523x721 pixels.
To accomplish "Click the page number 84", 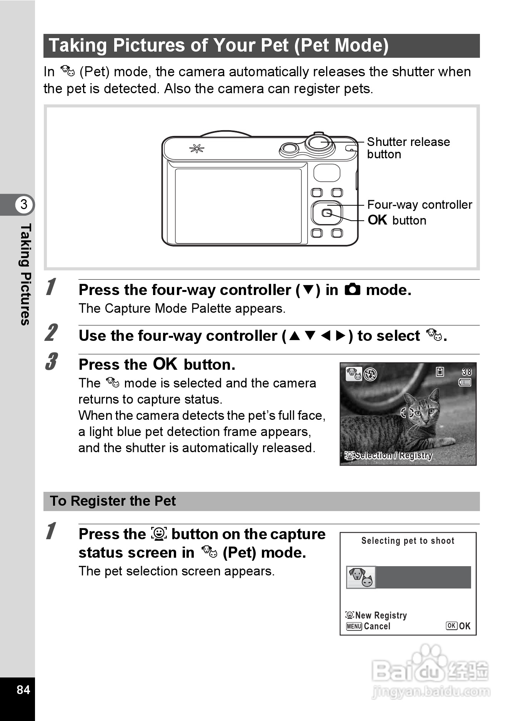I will pos(23,690).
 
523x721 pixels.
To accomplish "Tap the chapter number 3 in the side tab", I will pos(24,204).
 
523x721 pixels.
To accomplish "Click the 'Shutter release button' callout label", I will pos(408,148).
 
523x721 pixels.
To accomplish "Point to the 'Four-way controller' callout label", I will pos(419,205).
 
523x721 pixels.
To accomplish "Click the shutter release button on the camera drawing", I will pos(318,143).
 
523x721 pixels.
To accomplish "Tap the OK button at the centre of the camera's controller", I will pos(326,213).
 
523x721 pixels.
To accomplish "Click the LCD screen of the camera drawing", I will pos(238,206).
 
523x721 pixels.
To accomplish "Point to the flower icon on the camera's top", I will pos(197,149).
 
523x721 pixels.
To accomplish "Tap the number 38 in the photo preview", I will pos(466,372).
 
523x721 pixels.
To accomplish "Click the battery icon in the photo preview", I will pos(465,382).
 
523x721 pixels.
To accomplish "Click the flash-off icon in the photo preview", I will pos(370,374).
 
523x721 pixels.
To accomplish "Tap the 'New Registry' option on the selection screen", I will pos(381,615).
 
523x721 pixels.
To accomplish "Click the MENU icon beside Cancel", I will pos(354,626).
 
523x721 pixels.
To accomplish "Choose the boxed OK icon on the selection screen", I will pos(451,626).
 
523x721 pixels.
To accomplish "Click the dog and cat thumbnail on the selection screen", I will pos(361,577).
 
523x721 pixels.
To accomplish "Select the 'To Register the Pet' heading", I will pos(113,501).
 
